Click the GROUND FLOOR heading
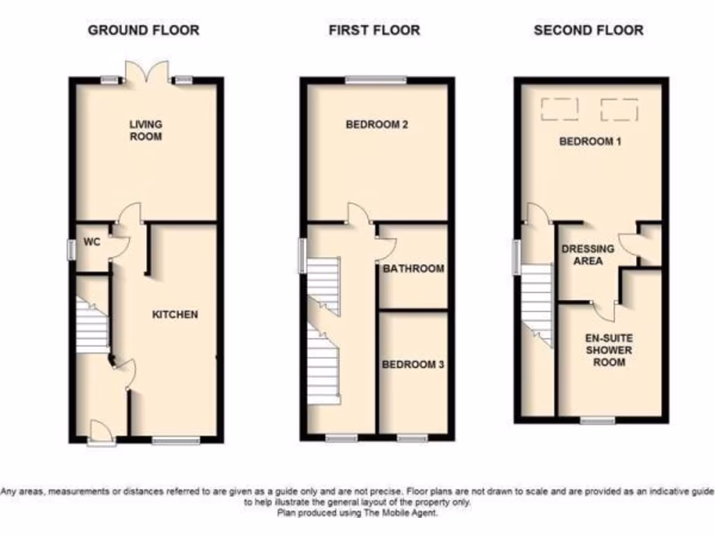click(143, 30)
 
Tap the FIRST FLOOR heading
click(374, 30)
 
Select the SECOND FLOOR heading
click(589, 30)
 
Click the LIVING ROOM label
click(145, 131)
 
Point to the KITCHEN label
click(175, 314)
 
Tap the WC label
click(93, 242)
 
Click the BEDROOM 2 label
click(377, 125)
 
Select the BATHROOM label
click(413, 269)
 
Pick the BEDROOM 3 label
click(413, 364)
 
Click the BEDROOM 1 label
click(591, 142)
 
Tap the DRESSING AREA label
click(588, 255)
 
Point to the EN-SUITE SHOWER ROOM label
click(609, 350)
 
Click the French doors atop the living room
click(147, 72)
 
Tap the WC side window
click(71, 250)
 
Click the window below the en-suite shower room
click(598, 420)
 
